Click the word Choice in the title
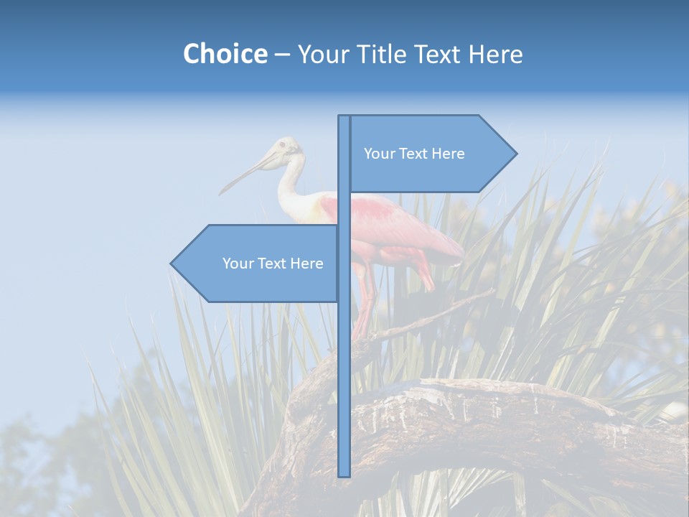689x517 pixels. click(x=225, y=55)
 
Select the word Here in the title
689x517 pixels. click(x=496, y=55)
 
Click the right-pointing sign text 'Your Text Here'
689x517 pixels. click(x=414, y=154)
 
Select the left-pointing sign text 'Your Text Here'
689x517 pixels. click(x=273, y=264)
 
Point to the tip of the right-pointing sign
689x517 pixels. click(x=515, y=154)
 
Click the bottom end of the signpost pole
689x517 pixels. click(x=344, y=474)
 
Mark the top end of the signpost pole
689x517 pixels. click(x=344, y=118)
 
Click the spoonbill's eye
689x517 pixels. click(x=282, y=146)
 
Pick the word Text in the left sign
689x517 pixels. click(x=273, y=264)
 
